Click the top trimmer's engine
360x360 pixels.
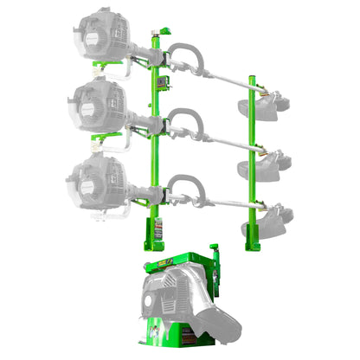[102, 34]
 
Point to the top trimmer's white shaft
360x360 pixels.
[216, 77]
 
